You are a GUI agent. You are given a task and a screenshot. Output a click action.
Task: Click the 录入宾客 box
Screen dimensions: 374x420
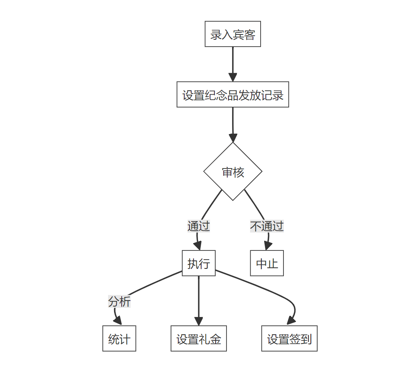[233, 34]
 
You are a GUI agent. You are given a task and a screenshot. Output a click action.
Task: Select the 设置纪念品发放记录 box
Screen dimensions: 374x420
[233, 95]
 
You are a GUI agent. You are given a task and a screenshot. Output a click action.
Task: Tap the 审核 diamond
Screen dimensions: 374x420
[233, 172]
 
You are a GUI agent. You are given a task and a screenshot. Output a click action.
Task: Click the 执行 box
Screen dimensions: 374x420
[199, 263]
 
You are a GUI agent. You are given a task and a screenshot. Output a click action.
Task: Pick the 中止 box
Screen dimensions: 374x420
[267, 263]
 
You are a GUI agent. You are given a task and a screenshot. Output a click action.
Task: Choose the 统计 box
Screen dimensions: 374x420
[119, 338]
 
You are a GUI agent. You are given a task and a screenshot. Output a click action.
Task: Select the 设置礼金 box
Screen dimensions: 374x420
[199, 338]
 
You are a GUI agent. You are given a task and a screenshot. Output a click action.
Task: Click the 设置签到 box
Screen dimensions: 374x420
[290, 338]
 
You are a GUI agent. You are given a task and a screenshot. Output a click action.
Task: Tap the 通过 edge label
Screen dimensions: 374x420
[199, 226]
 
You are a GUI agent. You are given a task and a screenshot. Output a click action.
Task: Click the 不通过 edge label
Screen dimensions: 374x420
[267, 226]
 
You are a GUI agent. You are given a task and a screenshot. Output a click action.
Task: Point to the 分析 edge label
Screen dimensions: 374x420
[119, 301]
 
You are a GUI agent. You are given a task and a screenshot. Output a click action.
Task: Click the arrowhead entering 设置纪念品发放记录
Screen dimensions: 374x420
[233, 77]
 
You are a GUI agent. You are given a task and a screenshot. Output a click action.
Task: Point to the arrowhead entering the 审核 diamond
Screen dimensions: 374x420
[233, 138]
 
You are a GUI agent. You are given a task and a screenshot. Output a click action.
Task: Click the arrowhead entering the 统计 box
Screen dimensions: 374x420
[118, 321]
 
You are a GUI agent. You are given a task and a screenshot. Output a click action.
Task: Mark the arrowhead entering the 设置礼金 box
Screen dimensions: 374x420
[199, 321]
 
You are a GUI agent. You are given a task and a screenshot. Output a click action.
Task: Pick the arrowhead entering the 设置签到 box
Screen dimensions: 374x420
[291, 321]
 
